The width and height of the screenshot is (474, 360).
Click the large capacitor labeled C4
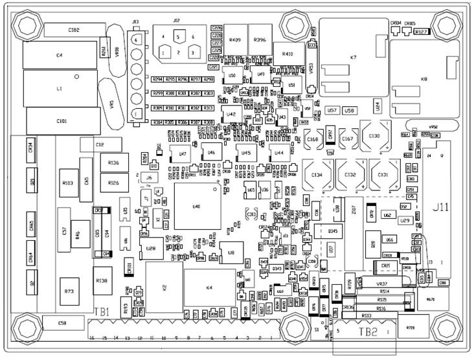pos(59,56)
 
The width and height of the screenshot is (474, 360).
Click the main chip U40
pos(197,207)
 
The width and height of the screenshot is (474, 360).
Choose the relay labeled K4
pos(209,287)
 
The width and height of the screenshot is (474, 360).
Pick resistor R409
pos(235,40)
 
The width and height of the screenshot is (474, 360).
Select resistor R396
pos(260,40)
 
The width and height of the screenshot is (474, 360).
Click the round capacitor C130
pos(374,137)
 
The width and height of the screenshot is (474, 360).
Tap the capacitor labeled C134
pos(317,175)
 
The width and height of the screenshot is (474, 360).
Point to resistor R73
pos(69,292)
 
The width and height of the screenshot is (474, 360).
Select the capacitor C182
pos(74,30)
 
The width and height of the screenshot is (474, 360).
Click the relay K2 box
pos(163,287)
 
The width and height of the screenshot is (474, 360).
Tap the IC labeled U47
pos(183,154)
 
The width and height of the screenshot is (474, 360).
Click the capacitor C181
pos(62,121)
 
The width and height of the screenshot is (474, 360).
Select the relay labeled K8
pos(424,79)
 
